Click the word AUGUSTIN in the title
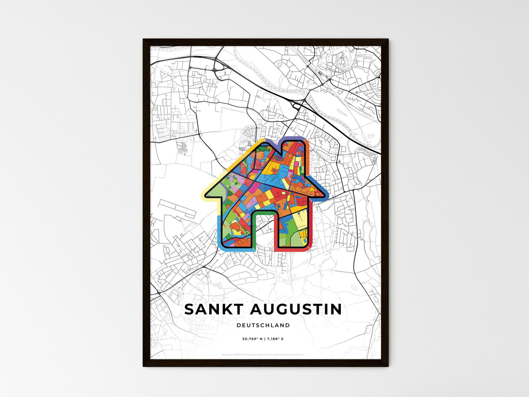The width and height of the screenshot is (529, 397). pos(295,309)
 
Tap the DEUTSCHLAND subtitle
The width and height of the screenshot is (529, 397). pos(263,325)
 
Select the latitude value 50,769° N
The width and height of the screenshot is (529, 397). pos(252,339)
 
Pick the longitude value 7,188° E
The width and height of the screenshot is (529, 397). pos(275,339)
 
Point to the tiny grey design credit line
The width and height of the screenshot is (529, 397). pos(263,355)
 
